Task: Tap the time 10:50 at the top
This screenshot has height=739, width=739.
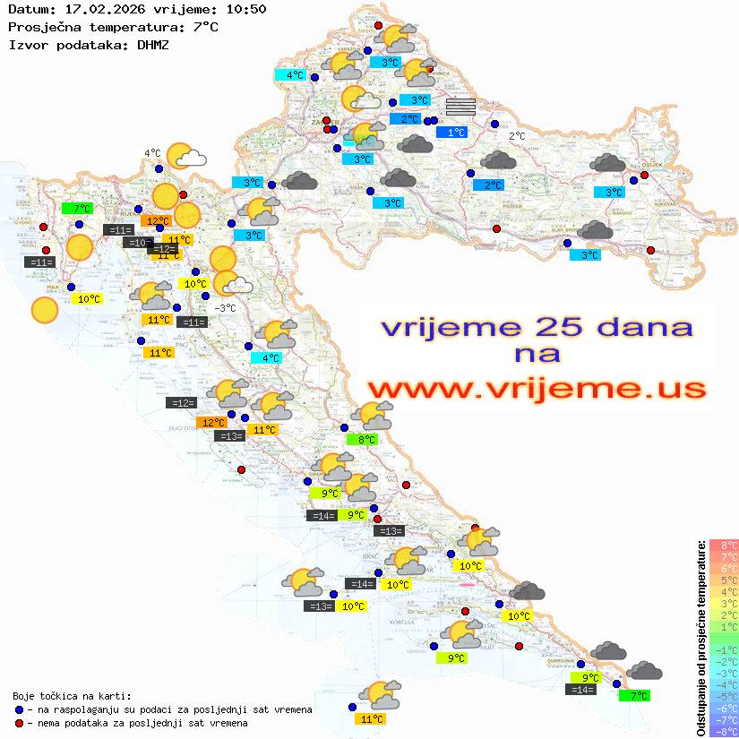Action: [x=246, y=10]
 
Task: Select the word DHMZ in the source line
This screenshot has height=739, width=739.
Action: [x=152, y=44]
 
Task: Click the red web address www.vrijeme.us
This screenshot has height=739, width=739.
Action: [x=536, y=390]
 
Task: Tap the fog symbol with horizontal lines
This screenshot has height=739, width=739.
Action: [x=460, y=107]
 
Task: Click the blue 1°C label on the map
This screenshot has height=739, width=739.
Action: [x=456, y=133]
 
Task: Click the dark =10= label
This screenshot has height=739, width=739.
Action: [x=138, y=243]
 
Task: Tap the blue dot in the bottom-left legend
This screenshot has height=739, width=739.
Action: [x=20, y=709]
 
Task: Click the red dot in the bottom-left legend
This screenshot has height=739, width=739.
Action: [x=20, y=723]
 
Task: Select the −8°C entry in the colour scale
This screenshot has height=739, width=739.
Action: [x=724, y=732]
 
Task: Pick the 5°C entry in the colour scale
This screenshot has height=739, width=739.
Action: [x=724, y=580]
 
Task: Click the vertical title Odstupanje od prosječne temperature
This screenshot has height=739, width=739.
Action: [x=700, y=639]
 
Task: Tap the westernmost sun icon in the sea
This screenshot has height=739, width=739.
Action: [x=44, y=310]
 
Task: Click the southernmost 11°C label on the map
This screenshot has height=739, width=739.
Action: [x=371, y=718]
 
